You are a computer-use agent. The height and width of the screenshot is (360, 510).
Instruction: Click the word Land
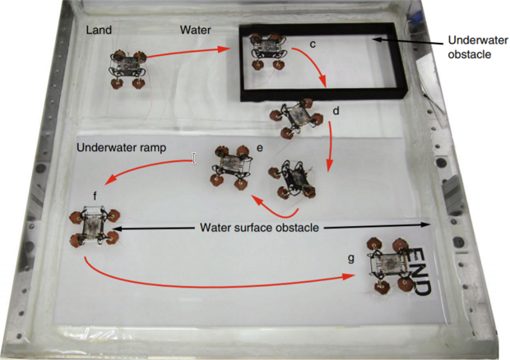coord(100,30)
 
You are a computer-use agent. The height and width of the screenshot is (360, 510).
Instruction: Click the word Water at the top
coord(196,30)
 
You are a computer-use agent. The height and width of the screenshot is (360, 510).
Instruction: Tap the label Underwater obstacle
coord(471,47)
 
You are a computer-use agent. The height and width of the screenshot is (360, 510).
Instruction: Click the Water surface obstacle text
coord(258,226)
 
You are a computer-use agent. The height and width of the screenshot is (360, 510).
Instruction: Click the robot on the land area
coord(128,68)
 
